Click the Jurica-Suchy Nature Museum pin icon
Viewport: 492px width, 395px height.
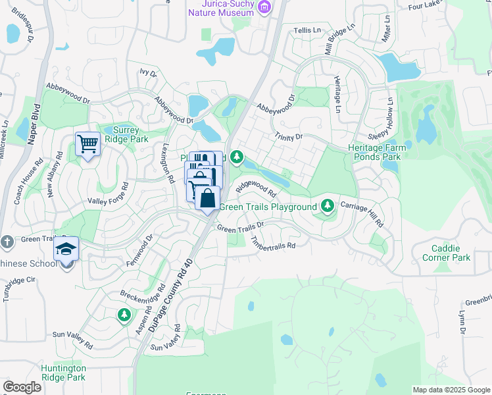tap(264, 7)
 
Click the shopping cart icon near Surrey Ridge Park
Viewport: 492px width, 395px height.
tap(87, 143)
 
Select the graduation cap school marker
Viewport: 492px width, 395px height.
tap(66, 249)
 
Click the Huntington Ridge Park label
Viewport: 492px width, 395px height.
tap(63, 373)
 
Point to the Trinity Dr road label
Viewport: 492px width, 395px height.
tap(289, 137)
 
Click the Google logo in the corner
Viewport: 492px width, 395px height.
tap(22, 387)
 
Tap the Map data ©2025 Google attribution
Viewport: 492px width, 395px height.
tap(451, 390)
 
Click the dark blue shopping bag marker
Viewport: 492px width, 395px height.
tap(207, 198)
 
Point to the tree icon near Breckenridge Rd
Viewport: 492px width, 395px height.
tap(124, 315)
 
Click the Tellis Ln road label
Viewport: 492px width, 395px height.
tap(307, 30)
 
